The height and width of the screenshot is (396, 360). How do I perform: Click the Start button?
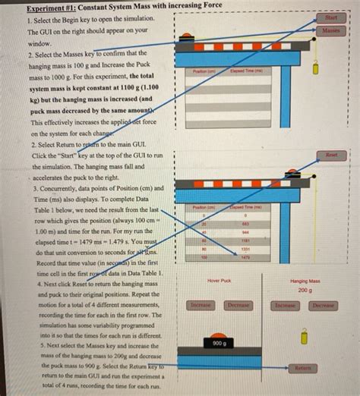(x=330, y=17)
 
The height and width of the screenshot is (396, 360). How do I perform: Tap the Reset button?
(x=331, y=154)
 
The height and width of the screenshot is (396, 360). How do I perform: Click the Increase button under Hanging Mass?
(x=285, y=305)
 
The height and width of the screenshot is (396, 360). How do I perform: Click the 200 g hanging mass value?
(x=305, y=290)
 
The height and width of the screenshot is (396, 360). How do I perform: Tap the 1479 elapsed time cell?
(x=245, y=258)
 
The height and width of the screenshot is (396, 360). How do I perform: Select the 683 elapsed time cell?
(x=245, y=224)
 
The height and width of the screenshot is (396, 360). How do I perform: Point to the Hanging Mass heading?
(x=305, y=281)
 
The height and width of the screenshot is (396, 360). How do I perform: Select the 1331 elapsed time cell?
(x=245, y=249)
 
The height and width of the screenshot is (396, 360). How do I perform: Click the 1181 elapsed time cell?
(x=245, y=240)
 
